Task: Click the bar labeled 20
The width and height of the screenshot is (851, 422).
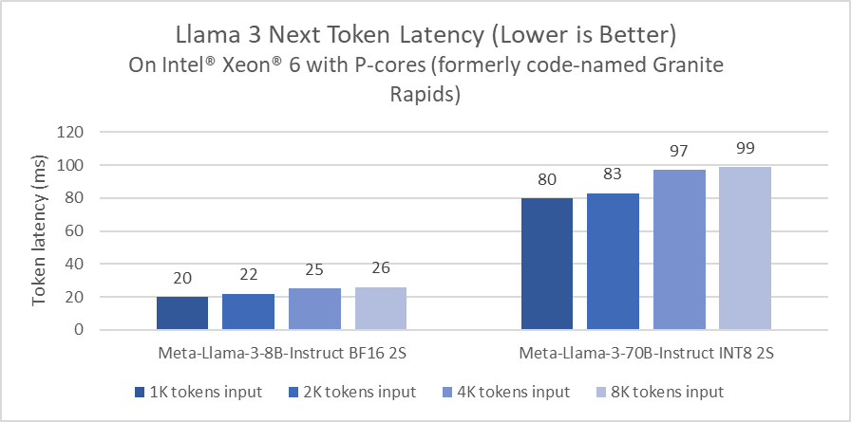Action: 182,313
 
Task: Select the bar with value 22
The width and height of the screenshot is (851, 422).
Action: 248,312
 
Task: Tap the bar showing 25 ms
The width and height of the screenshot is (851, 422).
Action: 314,309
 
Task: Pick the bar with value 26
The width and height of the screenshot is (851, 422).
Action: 380,308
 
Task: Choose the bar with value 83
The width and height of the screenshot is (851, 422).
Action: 613,262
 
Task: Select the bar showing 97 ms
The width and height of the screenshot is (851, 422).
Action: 679,249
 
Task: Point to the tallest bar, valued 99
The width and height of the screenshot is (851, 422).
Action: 745,248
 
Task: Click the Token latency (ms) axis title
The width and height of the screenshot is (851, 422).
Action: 40,230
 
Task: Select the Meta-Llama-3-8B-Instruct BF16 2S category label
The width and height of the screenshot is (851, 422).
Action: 281,355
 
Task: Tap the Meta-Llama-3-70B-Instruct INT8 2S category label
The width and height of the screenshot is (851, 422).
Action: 646,355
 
